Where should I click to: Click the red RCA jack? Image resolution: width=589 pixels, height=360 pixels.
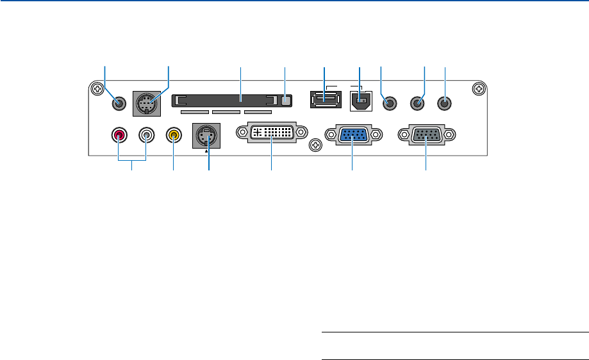[119, 135]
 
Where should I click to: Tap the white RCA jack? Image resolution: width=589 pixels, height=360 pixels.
[147, 135]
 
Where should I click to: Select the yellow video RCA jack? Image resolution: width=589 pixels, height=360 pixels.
[173, 135]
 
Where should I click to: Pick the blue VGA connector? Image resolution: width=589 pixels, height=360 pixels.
[353, 135]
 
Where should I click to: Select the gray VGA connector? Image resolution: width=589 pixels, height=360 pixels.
[426, 135]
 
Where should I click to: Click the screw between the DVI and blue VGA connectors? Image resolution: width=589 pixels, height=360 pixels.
[315, 146]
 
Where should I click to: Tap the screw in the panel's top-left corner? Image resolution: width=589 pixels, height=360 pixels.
[97, 90]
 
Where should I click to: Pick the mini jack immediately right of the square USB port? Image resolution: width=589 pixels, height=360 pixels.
[388, 102]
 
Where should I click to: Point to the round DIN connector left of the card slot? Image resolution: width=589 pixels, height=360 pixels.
[147, 102]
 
